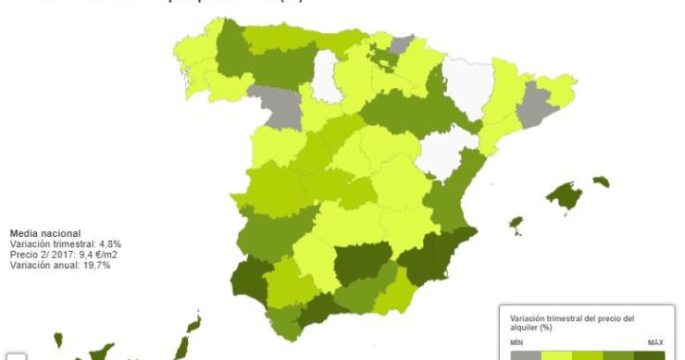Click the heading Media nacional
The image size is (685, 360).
pos(44,233)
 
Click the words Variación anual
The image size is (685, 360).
pos(42,265)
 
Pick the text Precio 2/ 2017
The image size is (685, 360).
pos(36,254)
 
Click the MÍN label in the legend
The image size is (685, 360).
pos(517,342)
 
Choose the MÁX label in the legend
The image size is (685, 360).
pos(655,342)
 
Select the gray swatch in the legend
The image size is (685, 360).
pos(525,354)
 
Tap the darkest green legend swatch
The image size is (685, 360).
pos(650,354)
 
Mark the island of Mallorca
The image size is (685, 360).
pos(565,196)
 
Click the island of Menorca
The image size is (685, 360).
pos(602,181)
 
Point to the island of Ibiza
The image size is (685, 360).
pos(517,225)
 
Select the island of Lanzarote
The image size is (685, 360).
pos(193,324)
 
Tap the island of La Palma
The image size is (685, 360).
pos(58,340)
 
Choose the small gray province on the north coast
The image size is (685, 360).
pos(402,43)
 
